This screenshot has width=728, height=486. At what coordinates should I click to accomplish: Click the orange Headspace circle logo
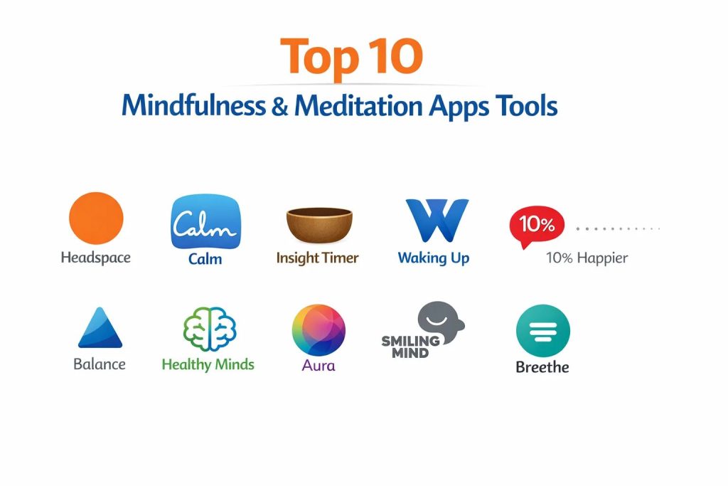(96, 218)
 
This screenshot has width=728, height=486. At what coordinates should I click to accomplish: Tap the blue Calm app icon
(205, 221)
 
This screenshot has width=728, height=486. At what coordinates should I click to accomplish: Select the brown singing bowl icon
(319, 225)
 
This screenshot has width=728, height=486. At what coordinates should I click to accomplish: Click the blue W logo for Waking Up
(437, 221)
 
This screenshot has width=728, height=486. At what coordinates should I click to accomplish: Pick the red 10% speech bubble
(536, 226)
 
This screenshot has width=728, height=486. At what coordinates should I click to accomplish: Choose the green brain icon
(210, 329)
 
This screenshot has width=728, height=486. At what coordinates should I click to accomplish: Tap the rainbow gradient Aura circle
(318, 330)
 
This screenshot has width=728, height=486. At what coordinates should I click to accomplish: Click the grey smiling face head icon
(440, 322)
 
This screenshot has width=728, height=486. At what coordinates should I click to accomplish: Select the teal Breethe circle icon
(542, 331)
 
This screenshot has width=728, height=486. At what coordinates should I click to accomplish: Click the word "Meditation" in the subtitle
(358, 105)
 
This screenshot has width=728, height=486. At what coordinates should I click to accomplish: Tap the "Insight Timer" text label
(318, 258)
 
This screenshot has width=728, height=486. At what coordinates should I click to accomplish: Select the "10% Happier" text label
(587, 258)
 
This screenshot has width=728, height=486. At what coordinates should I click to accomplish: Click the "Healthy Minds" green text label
(208, 364)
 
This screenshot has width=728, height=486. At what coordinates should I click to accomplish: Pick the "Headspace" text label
(96, 258)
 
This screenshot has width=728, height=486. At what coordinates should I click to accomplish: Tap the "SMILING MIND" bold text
(410, 347)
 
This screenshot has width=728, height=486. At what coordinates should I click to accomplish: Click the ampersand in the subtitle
(280, 105)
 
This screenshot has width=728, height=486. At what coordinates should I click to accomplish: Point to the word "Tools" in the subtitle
(527, 105)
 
